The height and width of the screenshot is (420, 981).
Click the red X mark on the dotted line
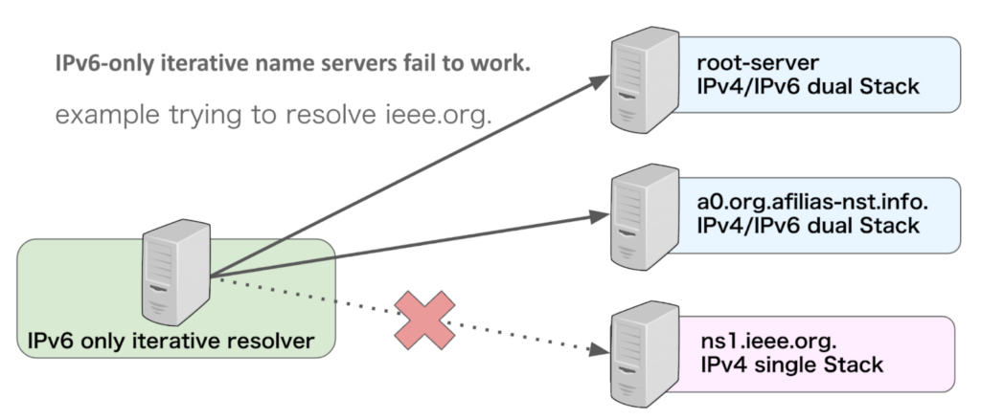(x=424, y=319)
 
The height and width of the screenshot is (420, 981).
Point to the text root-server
(x=758, y=64)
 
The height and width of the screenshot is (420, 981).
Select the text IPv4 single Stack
(x=791, y=365)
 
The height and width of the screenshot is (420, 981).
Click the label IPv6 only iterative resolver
(x=170, y=340)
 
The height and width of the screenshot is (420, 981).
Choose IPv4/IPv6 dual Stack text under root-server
(x=808, y=87)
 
